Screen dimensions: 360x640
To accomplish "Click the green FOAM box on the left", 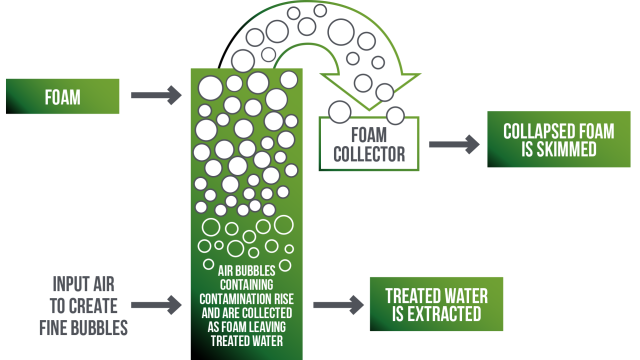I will pyautogui.click(x=63, y=97).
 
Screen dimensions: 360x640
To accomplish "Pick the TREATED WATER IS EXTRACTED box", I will pyautogui.click(x=436, y=302).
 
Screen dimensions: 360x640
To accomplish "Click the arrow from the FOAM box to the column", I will pyautogui.click(x=158, y=97).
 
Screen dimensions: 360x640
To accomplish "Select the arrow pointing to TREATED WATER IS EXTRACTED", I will pyautogui.click(x=337, y=302).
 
